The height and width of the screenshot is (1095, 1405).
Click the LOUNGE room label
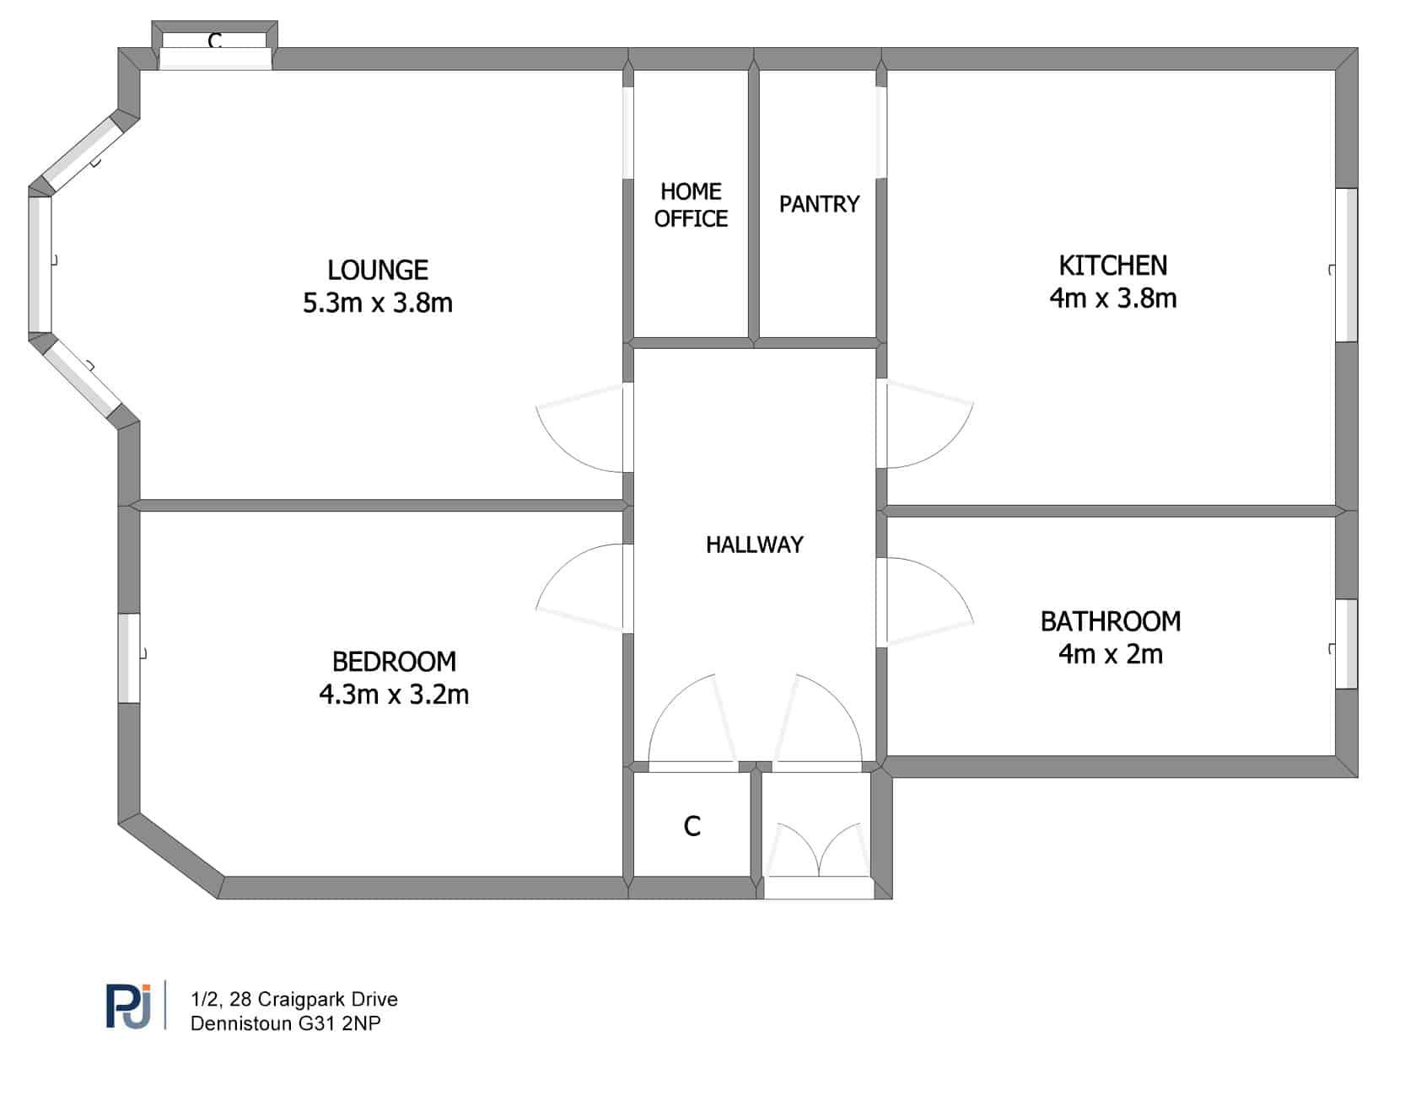(x=378, y=270)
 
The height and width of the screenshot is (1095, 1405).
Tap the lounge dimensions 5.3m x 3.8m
(x=378, y=303)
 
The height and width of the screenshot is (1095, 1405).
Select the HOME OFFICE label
(x=691, y=205)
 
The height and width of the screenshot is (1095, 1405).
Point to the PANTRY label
(x=819, y=204)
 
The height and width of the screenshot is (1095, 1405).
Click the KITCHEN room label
(x=1113, y=266)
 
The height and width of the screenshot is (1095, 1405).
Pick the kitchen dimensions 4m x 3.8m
(x=1113, y=298)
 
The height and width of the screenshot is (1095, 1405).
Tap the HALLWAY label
(x=755, y=545)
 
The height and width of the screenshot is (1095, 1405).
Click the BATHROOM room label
(x=1111, y=621)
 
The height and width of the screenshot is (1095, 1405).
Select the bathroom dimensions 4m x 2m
(x=1111, y=654)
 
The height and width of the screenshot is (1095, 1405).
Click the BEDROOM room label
(x=394, y=662)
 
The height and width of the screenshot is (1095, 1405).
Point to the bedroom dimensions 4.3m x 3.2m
(x=394, y=695)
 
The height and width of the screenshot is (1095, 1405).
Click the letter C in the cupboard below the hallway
(x=692, y=826)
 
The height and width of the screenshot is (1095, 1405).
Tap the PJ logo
(x=129, y=1006)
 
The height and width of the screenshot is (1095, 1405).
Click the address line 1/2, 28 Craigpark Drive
(x=294, y=1000)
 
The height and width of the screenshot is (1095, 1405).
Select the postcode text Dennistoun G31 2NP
(x=286, y=1023)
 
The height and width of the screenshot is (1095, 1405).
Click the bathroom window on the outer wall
(x=1346, y=644)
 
